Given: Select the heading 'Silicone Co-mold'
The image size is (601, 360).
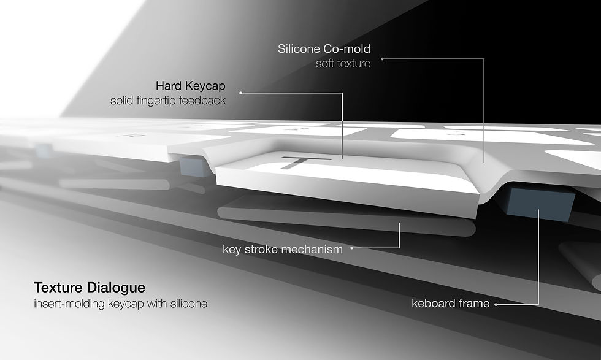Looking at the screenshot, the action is pos(324,48).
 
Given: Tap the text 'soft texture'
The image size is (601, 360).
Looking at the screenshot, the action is pos(343,63).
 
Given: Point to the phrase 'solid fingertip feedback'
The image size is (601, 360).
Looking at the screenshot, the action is pos(167,100).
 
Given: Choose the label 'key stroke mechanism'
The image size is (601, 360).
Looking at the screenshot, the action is pos(282,248).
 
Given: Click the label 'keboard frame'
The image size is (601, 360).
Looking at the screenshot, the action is pos(450,303).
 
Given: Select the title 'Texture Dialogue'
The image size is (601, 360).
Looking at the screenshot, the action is pos(90,287).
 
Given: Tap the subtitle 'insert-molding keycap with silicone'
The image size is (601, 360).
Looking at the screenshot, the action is pos(121,303).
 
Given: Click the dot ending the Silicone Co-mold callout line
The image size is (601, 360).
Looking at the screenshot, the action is pos(381,59).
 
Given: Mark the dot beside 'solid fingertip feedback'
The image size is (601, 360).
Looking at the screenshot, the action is pos(240,93).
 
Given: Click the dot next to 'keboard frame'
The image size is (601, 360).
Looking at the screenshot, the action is pos(496,303).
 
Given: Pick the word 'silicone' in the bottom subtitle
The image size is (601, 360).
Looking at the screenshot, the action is pos(189,303).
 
